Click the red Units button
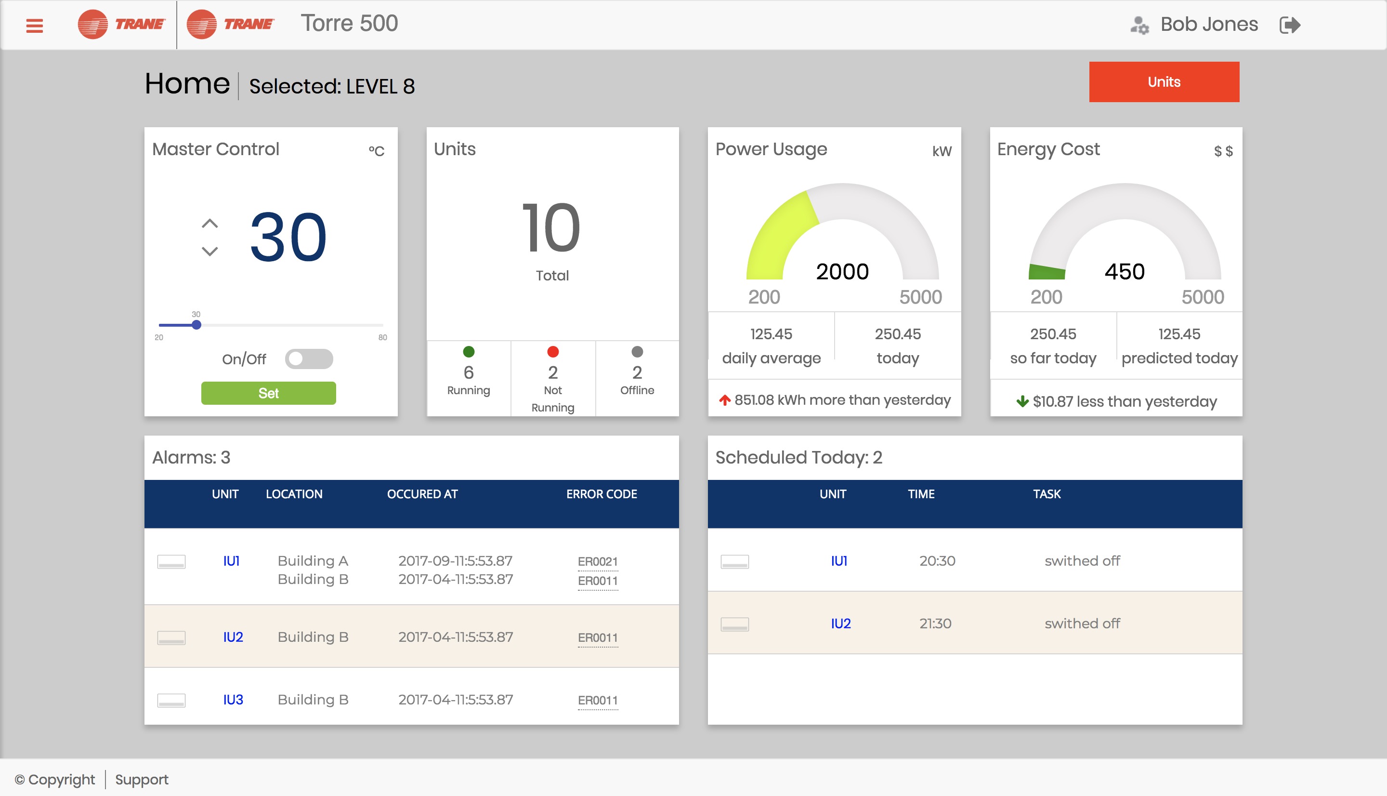1164,82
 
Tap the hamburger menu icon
34,26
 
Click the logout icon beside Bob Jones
1290,25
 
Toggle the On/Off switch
309,359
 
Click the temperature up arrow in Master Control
210,224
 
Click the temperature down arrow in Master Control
210,252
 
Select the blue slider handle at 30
196,325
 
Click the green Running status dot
469,352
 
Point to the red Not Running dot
553,352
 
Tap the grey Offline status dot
637,352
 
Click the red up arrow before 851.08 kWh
725,400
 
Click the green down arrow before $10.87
1022,402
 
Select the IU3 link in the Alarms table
233,700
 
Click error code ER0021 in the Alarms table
598,561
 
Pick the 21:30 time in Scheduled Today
935,624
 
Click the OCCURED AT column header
422,494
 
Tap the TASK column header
1047,494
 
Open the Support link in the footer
142,780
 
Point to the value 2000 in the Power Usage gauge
842,272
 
